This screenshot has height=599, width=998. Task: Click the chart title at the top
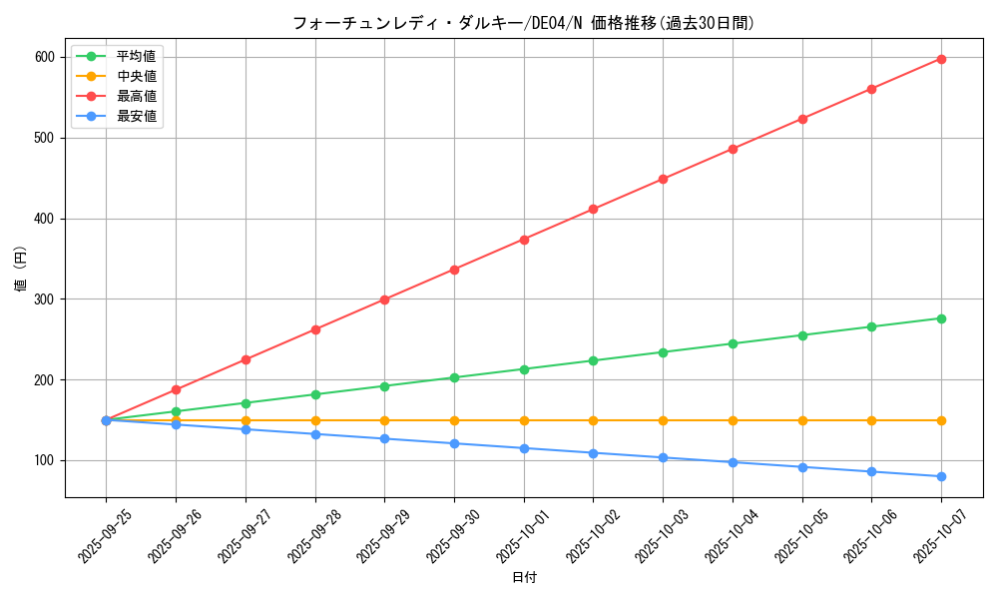(x=523, y=23)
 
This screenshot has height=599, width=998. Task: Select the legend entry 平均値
(x=136, y=57)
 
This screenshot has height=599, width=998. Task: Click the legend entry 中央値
(x=136, y=77)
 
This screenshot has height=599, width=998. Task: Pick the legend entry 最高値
(x=136, y=97)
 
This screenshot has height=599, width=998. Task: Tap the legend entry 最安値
(x=136, y=117)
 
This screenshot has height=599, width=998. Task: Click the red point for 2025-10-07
(x=941, y=59)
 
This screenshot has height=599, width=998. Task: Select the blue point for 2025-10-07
(x=941, y=476)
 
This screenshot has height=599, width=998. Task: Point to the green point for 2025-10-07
(x=941, y=318)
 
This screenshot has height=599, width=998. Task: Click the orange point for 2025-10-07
(x=941, y=420)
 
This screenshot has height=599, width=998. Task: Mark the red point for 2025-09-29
(x=384, y=299)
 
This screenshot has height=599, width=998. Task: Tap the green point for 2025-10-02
(x=593, y=360)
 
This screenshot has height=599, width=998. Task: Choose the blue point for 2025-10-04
(x=733, y=462)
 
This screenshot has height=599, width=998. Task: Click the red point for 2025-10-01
(x=524, y=240)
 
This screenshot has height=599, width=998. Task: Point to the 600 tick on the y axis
(x=43, y=57)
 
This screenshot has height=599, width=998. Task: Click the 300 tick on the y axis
(x=43, y=299)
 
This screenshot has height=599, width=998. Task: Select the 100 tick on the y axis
(x=43, y=460)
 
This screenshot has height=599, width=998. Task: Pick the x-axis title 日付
(x=524, y=578)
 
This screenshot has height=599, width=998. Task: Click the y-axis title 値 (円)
(x=21, y=269)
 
